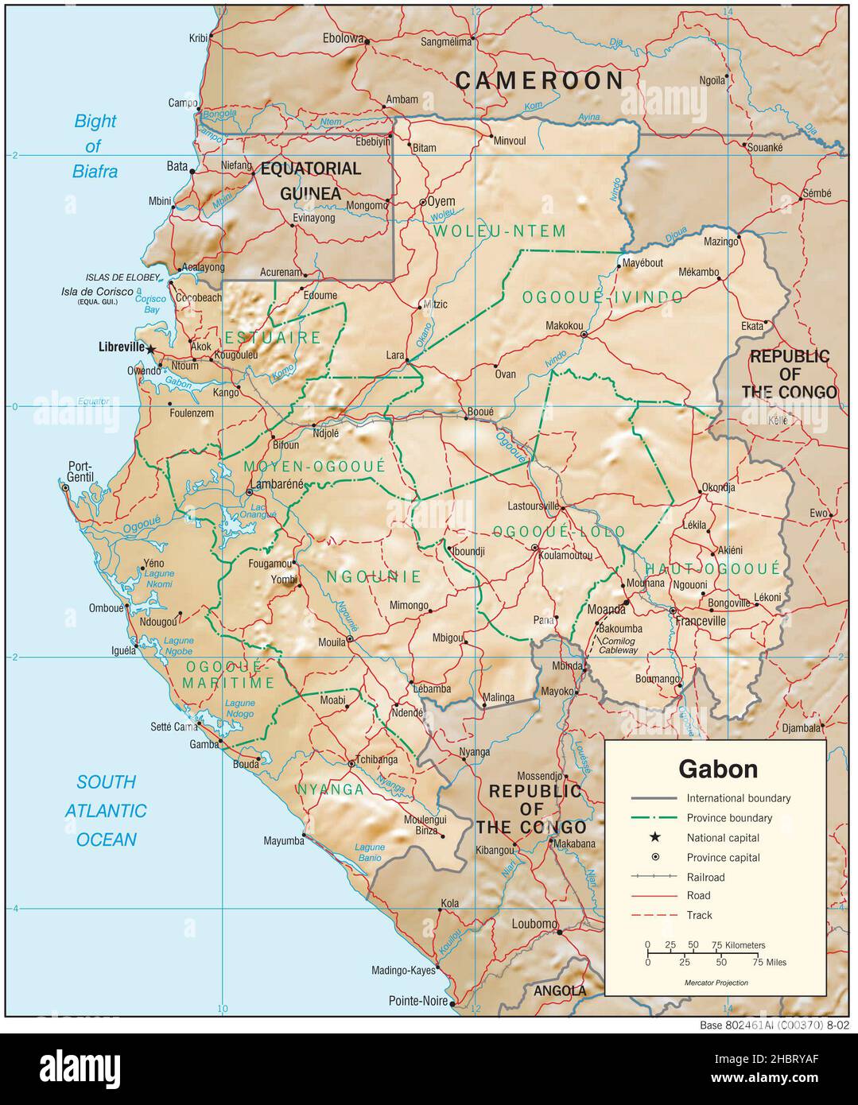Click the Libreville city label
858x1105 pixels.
point(121,347)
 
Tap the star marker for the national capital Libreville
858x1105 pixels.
point(150,348)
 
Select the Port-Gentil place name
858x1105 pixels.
point(80,471)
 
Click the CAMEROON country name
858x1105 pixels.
point(540,80)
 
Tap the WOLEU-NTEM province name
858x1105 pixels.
point(499,231)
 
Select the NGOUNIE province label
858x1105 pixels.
point(374,576)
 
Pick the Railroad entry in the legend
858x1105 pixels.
point(705,877)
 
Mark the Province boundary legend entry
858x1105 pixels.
point(729,817)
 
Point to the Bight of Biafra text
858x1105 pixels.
point(95,145)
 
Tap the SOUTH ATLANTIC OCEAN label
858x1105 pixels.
point(107,811)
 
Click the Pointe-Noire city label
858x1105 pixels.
point(418,1001)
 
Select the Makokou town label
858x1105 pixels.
point(565,325)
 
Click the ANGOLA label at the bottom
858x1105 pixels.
point(559,991)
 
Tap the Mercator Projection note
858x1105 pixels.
point(716,983)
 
